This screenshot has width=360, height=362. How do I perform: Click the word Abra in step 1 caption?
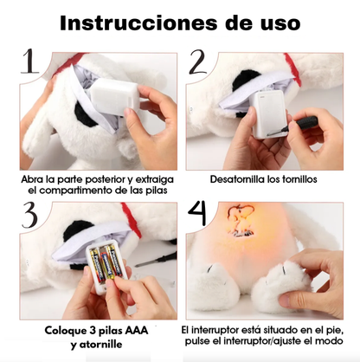pyautogui.click(x=35, y=180)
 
